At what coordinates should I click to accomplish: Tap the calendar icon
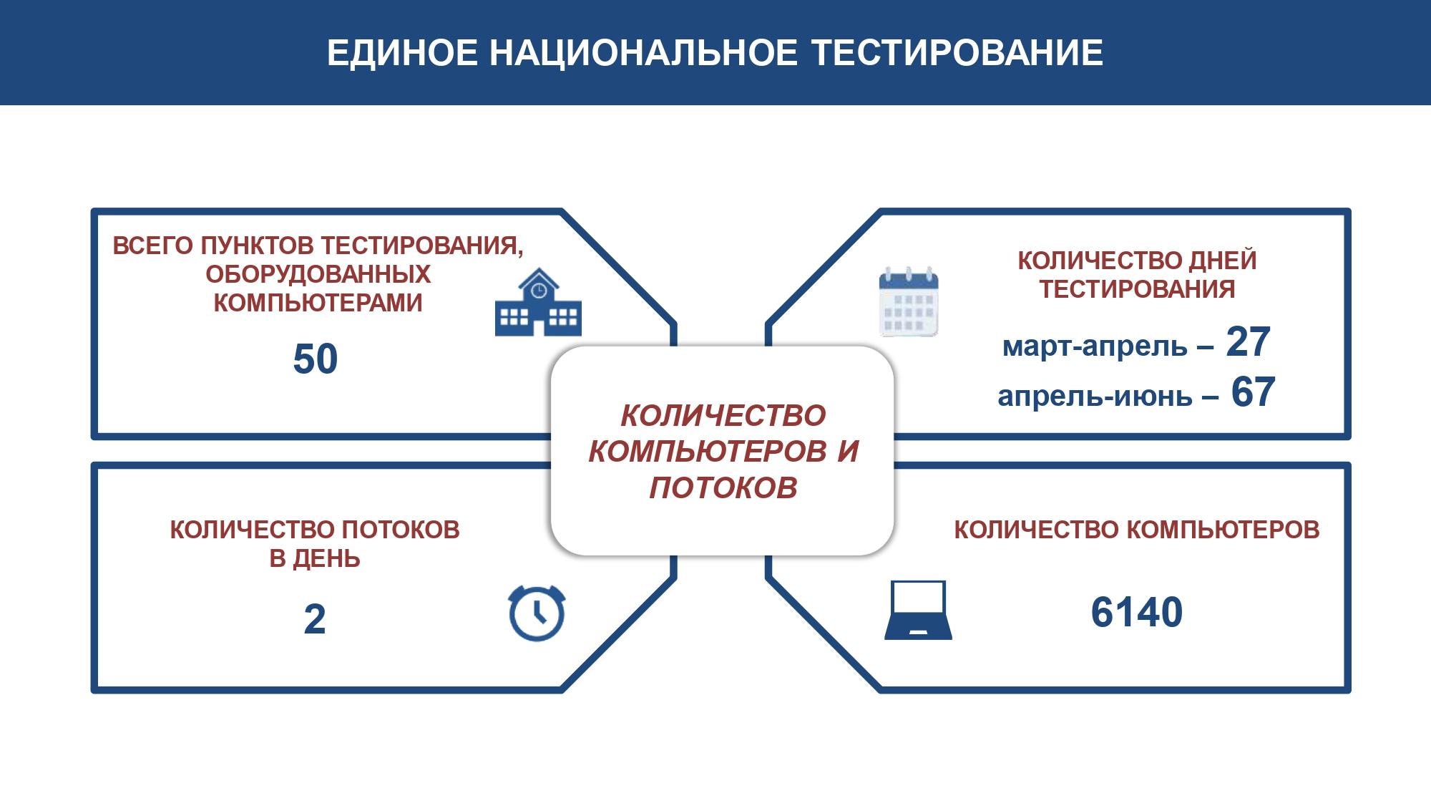click(908, 301)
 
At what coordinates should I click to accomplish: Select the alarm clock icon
click(537, 613)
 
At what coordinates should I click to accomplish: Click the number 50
click(316, 359)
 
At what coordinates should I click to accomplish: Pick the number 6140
click(1137, 612)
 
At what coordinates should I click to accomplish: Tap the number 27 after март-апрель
click(1248, 341)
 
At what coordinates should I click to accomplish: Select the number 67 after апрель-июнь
click(1253, 392)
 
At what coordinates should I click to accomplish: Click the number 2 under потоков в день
click(315, 619)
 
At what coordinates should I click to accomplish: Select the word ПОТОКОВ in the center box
click(723, 487)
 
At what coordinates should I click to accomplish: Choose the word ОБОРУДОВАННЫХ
click(318, 274)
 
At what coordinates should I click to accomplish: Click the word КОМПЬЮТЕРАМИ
click(318, 303)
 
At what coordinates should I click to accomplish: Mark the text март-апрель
click(1095, 346)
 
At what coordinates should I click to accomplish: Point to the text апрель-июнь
click(1095, 397)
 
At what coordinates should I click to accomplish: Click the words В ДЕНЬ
click(315, 558)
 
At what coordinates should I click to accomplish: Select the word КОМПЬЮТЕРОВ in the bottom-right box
click(1224, 530)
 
